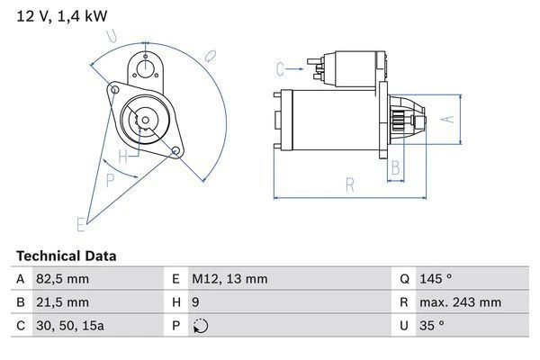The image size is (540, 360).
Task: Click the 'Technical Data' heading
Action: pos(66,256)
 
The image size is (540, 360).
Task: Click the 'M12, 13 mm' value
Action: pos(229,279)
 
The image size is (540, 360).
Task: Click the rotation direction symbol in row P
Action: pos(200,326)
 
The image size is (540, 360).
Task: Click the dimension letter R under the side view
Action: pos(349,185)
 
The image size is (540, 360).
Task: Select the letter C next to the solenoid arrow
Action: pos(280,68)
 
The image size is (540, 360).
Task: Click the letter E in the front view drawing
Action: pos(81,222)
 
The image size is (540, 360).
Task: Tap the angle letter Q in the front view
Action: pos(209,55)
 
